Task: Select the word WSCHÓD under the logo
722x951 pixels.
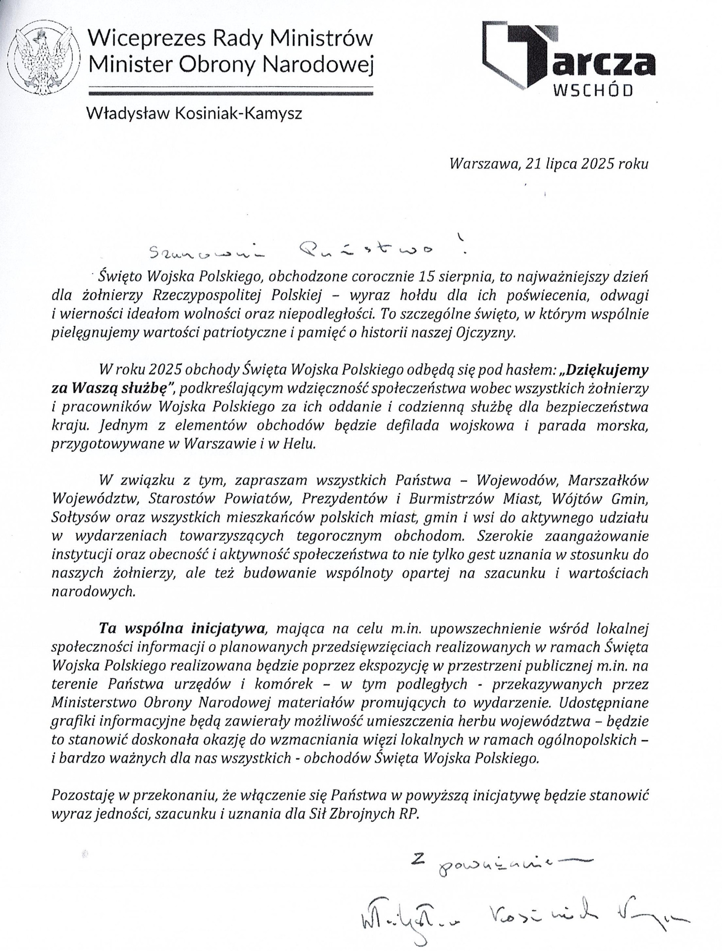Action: click(592, 91)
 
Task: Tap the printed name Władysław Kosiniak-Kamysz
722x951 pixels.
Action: click(194, 114)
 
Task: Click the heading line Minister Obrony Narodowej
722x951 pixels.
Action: click(230, 63)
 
